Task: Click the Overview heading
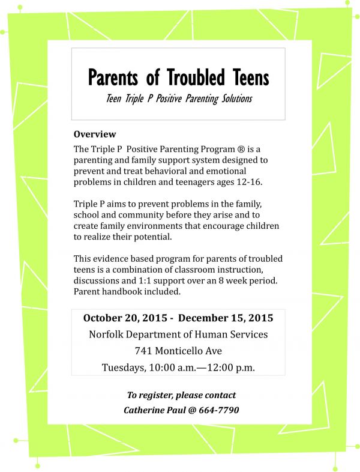point(94,135)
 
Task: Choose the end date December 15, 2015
point(226,318)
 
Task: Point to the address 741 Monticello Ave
point(178,351)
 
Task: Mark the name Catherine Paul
point(152,410)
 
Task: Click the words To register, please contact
point(181,395)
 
